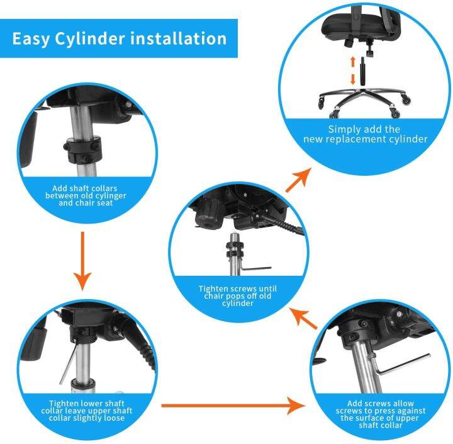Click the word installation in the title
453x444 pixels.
(x=178, y=38)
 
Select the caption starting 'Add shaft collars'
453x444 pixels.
(x=89, y=195)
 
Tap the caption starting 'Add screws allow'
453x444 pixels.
(x=381, y=414)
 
